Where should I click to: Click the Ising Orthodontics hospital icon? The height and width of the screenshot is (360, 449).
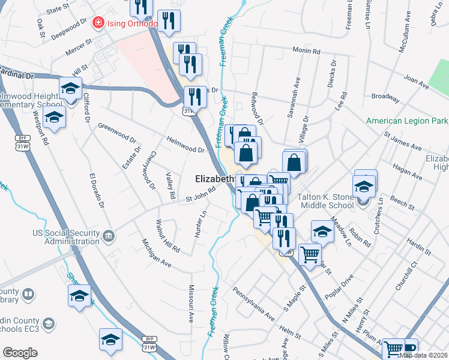click(x=98, y=23)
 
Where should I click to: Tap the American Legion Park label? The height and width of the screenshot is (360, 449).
click(x=407, y=121)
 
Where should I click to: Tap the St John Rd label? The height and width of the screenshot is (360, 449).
click(x=200, y=195)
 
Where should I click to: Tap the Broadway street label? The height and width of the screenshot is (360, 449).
click(x=385, y=96)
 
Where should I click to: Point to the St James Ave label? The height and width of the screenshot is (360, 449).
click(x=403, y=141)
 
